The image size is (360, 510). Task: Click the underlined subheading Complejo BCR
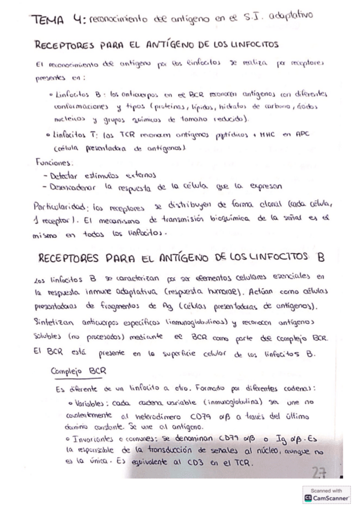(x=78, y=370)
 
